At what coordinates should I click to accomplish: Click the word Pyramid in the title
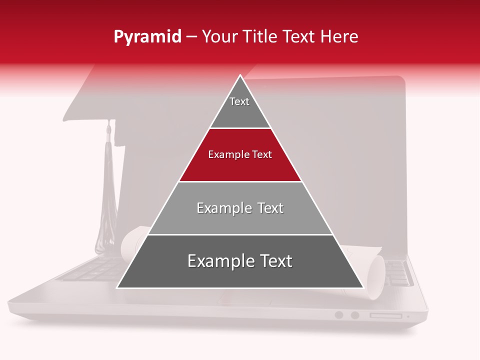coord(147,37)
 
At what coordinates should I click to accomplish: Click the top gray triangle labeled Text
coord(239,107)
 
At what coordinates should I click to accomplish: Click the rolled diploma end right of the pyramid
coord(376,277)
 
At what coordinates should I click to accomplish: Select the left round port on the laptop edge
coord(339,315)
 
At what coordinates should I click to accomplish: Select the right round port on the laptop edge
coord(355,315)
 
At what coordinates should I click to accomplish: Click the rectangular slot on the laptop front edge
coord(385,315)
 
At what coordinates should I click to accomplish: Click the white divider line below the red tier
coord(240,181)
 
